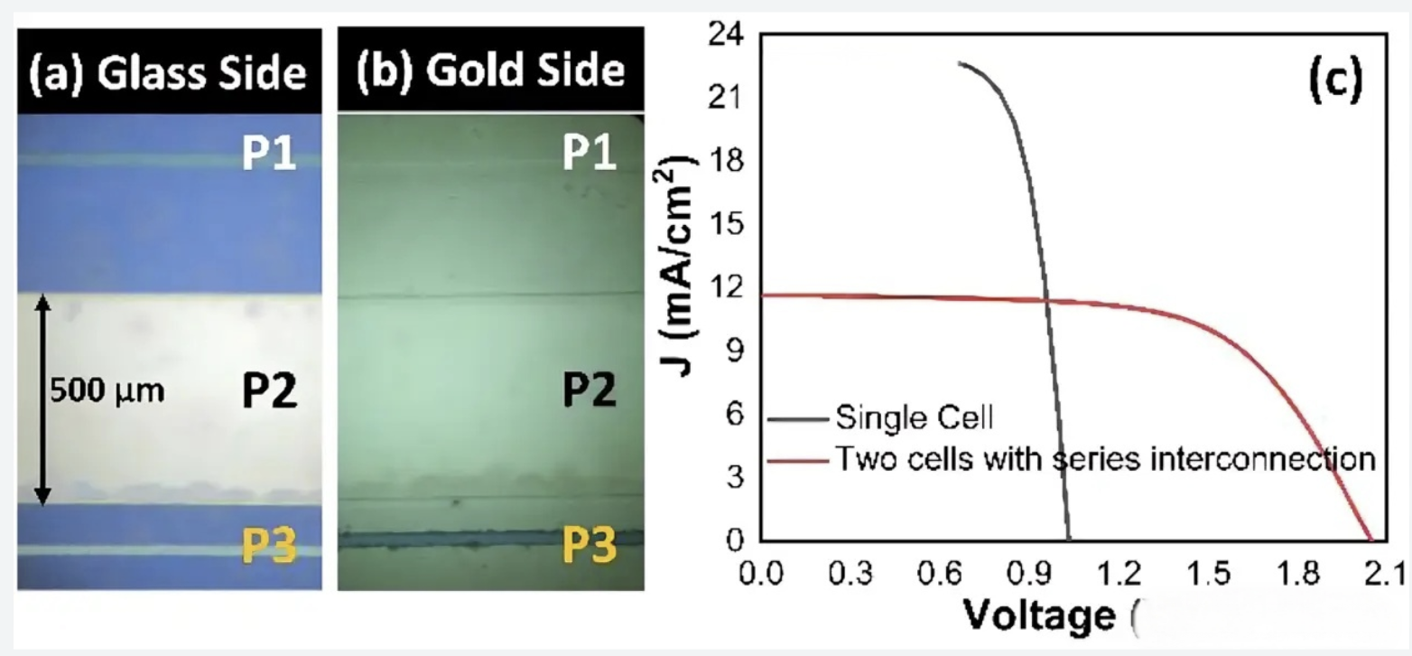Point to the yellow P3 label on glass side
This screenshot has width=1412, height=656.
click(x=269, y=544)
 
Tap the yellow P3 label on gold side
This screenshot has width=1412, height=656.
click(x=590, y=544)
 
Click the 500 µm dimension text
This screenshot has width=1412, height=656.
click(x=107, y=393)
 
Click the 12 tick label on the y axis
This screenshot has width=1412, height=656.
click(x=728, y=288)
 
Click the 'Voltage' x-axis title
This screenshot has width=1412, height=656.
click(x=1039, y=616)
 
